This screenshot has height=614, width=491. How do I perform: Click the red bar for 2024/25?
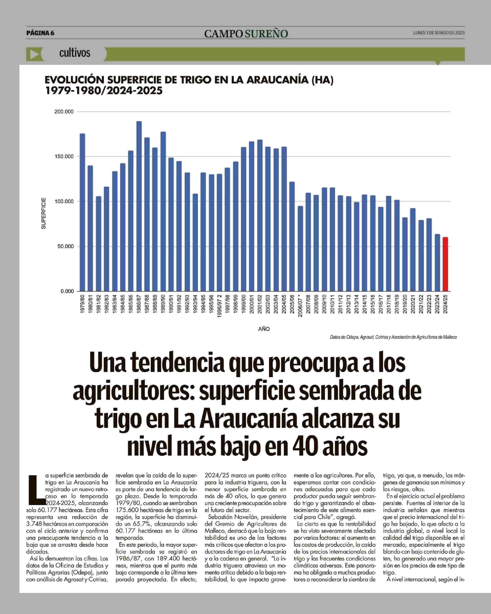point(445,264)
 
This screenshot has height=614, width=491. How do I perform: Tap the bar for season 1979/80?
point(82,212)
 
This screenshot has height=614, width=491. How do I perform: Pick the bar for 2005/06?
point(292,236)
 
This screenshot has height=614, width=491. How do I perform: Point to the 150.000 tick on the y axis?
point(64,157)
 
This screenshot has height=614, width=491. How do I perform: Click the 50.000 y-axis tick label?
point(65,246)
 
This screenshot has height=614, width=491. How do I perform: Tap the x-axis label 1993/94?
point(195,304)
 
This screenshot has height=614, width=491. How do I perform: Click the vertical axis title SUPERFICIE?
point(44,213)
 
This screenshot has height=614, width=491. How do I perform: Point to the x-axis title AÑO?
point(264,329)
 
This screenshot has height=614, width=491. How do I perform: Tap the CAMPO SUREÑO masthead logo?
point(246,34)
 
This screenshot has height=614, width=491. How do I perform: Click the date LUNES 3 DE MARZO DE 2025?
point(439,33)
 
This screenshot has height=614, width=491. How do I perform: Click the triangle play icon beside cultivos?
point(34,54)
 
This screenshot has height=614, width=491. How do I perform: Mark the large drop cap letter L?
point(36,489)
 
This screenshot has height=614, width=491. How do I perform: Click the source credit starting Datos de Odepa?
point(393,337)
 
